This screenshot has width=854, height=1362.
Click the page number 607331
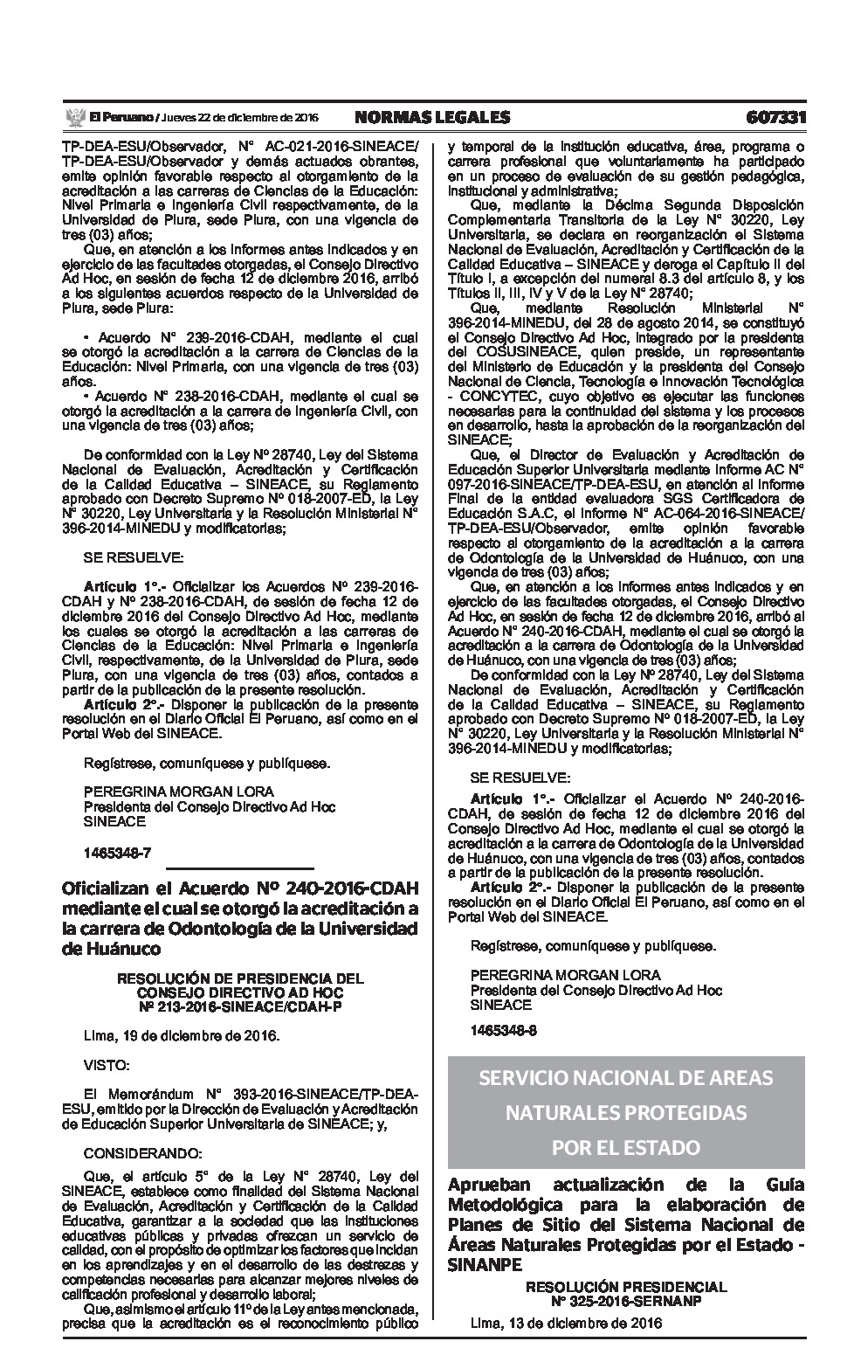click(775, 117)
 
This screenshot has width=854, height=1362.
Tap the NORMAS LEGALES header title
click(431, 117)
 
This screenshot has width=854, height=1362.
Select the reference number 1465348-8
click(503, 1030)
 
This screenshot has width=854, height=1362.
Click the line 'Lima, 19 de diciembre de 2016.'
click(181, 1035)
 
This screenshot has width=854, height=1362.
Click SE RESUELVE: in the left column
click(134, 557)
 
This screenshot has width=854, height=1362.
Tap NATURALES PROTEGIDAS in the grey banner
click(625, 1113)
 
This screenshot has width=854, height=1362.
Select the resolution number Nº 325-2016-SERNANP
click(625, 1300)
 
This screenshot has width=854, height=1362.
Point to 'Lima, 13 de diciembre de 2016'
click(566, 1322)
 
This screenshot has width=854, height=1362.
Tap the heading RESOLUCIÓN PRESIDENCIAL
click(625, 1287)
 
